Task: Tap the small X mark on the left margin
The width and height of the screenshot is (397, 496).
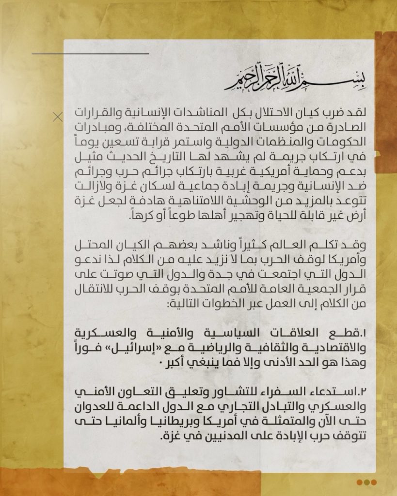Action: (x=58, y=116)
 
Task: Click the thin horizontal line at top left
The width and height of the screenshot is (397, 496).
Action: (x=90, y=53)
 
